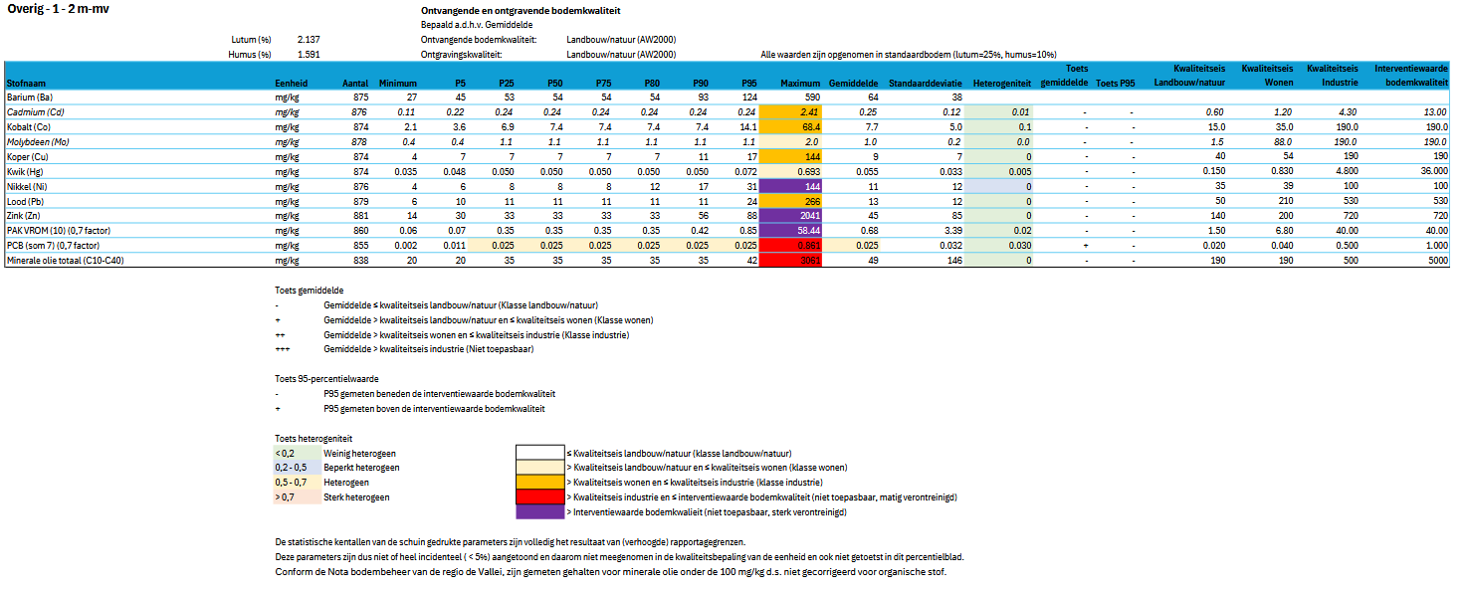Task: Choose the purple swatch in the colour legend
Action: pyautogui.click(x=538, y=511)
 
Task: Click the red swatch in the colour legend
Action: pyautogui.click(x=538, y=496)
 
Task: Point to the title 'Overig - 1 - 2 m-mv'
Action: pyautogui.click(x=58, y=9)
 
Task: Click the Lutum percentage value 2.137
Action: pyautogui.click(x=308, y=40)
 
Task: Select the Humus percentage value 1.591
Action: pyautogui.click(x=308, y=55)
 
